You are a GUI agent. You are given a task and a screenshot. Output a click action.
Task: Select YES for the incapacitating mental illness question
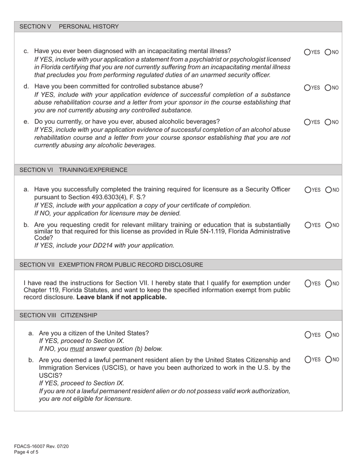[x=307, y=52]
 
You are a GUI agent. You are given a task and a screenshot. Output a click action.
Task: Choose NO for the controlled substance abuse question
[x=328, y=88]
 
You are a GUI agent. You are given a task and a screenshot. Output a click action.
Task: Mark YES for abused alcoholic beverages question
[x=307, y=122]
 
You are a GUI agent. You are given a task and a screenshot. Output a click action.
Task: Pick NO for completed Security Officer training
[x=328, y=190]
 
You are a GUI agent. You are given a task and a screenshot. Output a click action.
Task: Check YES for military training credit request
[x=307, y=225]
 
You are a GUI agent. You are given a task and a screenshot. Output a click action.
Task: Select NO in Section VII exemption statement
[x=328, y=283]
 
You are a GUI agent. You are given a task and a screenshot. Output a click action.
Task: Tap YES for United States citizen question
[x=307, y=335]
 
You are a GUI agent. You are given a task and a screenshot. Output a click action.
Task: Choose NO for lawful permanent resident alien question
[x=328, y=360]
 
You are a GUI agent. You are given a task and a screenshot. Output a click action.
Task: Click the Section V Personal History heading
[x=69, y=27]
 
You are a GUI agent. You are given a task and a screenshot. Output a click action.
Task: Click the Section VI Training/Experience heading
[x=74, y=170]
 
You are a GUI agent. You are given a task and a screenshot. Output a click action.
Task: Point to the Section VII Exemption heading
[x=111, y=264]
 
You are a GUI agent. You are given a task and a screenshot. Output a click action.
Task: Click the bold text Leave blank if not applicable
[x=121, y=297]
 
